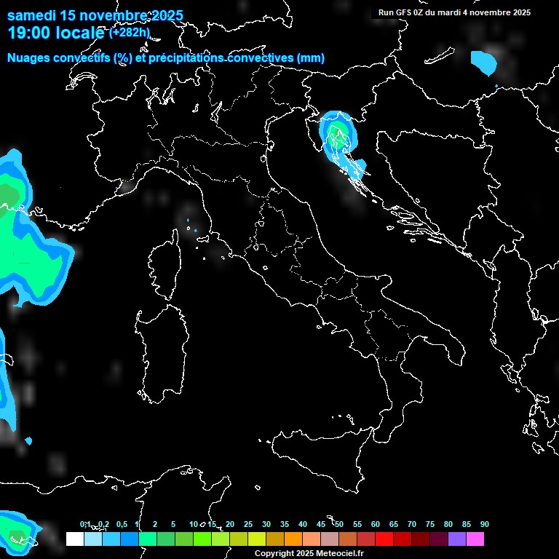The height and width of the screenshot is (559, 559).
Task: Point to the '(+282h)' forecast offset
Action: pyautogui.click(x=130, y=32)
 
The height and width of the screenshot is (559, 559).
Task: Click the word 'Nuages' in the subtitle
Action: pyautogui.click(x=28, y=58)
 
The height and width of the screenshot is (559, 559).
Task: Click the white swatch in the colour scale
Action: pyautogui.click(x=74, y=539)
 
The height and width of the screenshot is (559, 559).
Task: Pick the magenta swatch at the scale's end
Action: pyautogui.click(x=475, y=539)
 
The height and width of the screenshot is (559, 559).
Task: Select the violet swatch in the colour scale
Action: pyautogui.click(x=457, y=539)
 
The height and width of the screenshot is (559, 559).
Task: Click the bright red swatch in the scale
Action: pyautogui.click(x=384, y=539)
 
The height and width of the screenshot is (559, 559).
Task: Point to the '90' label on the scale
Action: pyautogui.click(x=485, y=524)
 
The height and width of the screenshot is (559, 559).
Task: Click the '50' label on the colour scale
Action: pyautogui.click(x=339, y=524)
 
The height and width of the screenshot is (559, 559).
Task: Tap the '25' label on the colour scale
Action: pyautogui.click(x=248, y=524)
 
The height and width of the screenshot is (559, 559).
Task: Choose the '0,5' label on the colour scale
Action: pyautogui.click(x=121, y=524)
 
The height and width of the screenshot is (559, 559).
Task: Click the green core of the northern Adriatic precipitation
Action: pyautogui.click(x=337, y=133)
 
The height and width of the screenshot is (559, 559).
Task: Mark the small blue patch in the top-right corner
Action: pyautogui.click(x=483, y=62)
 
